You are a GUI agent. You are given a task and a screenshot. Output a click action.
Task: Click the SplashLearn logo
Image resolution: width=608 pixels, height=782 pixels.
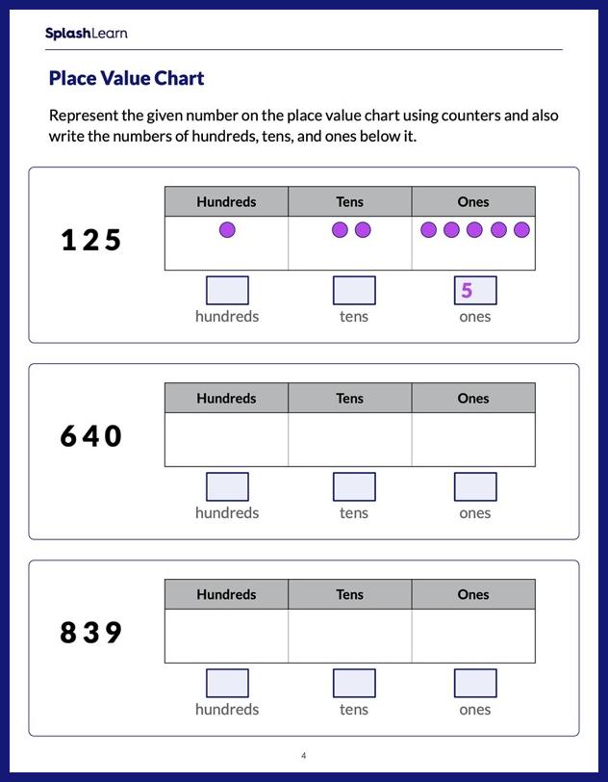click(x=86, y=34)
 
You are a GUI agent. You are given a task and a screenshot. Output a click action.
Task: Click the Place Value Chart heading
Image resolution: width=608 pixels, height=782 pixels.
click(x=126, y=78)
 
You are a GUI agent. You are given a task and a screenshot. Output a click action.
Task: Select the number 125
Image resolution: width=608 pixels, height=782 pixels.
click(x=91, y=240)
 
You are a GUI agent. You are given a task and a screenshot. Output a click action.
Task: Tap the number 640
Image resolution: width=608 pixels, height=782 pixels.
click(x=91, y=436)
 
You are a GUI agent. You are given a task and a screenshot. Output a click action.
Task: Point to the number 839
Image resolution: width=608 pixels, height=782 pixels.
click(x=91, y=633)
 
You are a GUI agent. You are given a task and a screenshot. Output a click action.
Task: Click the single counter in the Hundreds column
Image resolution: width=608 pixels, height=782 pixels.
click(x=227, y=230)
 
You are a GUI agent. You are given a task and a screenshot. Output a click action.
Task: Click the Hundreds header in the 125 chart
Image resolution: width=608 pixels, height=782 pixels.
click(x=226, y=202)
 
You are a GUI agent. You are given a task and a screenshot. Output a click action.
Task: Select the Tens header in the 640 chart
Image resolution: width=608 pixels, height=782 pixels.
click(x=349, y=399)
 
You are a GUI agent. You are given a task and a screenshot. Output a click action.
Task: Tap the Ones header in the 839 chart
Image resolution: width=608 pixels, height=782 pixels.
click(x=473, y=595)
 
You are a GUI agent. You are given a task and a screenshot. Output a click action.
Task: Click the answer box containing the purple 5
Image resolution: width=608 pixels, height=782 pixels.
click(x=475, y=291)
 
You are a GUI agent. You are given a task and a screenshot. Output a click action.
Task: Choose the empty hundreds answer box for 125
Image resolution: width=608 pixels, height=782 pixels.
click(x=227, y=291)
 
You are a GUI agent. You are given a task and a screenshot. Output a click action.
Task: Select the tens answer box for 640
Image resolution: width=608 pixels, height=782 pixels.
click(x=354, y=487)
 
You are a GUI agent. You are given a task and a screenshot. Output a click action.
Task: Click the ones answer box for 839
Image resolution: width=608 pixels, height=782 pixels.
click(x=475, y=684)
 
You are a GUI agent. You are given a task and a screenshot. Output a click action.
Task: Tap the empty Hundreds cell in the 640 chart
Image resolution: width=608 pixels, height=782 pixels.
click(x=226, y=439)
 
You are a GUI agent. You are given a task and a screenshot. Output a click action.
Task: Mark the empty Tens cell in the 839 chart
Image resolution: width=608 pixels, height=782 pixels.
click(x=349, y=636)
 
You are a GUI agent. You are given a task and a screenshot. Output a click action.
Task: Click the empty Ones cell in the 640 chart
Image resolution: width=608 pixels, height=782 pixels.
click(x=473, y=439)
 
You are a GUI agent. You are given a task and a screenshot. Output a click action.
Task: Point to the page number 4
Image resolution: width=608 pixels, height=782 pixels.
click(x=304, y=756)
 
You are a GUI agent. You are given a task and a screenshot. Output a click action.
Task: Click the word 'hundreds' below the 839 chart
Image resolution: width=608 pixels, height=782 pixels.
click(x=227, y=710)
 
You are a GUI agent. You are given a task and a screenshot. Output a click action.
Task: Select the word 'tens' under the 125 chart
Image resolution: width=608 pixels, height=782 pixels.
click(x=354, y=317)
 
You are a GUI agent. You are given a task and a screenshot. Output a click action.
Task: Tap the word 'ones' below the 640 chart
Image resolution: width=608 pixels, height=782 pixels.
click(x=475, y=513)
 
